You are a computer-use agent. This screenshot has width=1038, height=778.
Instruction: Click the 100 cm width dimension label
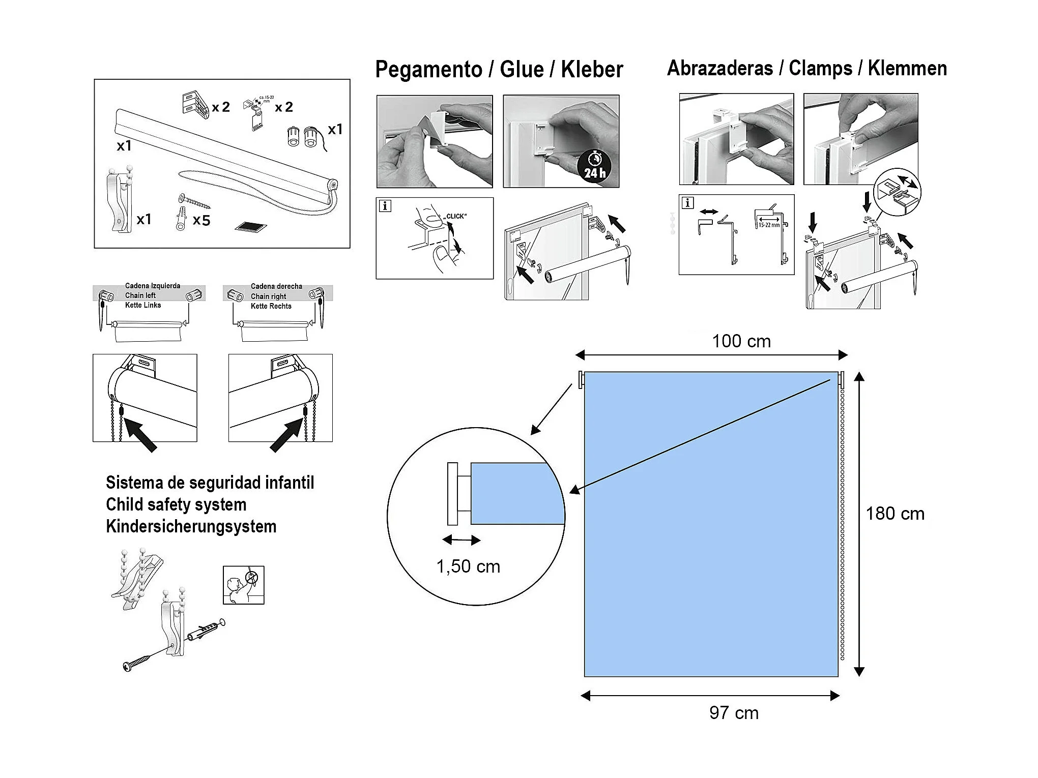click(x=741, y=341)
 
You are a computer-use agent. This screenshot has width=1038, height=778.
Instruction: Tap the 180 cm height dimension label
click(x=895, y=514)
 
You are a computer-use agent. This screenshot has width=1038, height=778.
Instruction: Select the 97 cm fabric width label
click(x=734, y=713)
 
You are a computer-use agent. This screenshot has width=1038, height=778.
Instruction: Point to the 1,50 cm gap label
click(x=468, y=566)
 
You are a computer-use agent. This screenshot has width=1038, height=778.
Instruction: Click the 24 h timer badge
click(x=595, y=167)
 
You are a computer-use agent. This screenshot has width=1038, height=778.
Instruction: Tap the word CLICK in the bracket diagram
click(x=456, y=216)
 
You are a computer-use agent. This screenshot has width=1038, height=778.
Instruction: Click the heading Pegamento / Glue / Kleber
click(x=499, y=69)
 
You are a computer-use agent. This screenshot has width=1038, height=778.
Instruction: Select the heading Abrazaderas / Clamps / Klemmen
click(x=806, y=68)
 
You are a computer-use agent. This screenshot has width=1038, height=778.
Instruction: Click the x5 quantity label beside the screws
click(x=201, y=220)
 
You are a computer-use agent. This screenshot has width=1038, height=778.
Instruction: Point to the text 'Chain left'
click(x=140, y=295)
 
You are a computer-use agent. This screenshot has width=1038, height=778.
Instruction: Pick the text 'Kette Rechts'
click(x=271, y=306)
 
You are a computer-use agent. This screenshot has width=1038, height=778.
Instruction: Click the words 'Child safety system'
click(x=176, y=504)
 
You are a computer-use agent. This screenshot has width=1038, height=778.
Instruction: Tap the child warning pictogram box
click(x=243, y=585)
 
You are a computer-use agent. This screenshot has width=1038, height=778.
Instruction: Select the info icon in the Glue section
click(x=385, y=206)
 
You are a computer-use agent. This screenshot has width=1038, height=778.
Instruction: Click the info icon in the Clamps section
click(x=687, y=203)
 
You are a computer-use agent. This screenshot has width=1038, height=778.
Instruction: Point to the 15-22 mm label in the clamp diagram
click(x=768, y=225)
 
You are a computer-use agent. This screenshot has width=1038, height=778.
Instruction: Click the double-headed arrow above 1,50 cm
click(x=461, y=540)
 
